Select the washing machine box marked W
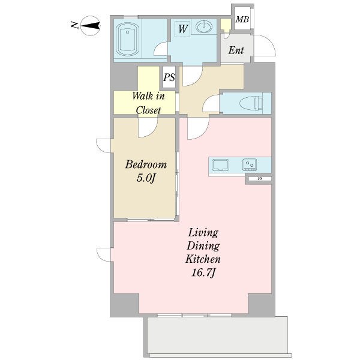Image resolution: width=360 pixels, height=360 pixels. (182, 29)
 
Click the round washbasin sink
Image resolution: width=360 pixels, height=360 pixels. (203, 26)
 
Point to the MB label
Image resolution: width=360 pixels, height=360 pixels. (242, 20)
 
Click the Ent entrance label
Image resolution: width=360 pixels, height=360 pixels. (236, 50)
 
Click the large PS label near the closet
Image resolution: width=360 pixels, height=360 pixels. (169, 77)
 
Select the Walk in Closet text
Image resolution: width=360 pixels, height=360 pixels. (148, 103)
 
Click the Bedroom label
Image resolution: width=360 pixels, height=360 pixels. (146, 164)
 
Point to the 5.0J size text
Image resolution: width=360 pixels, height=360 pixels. (146, 178)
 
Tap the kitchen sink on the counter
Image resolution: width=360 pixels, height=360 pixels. (220, 165)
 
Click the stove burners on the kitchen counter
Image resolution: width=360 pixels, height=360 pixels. (250, 164)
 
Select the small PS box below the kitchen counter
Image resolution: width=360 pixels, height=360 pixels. (260, 179)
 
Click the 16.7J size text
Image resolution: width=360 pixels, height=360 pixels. (203, 273)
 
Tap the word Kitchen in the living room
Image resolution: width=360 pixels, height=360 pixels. (203, 259)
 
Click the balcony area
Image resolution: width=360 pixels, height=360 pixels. (217, 337)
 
